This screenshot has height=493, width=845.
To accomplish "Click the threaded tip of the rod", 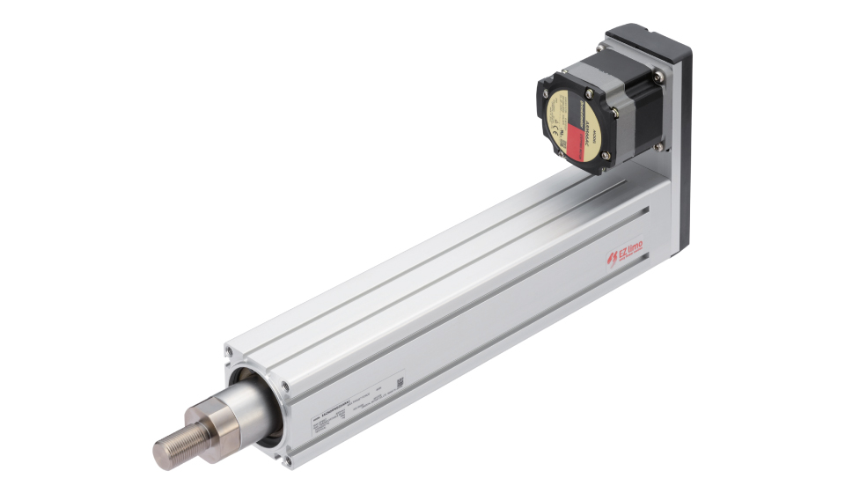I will tap(173, 446).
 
